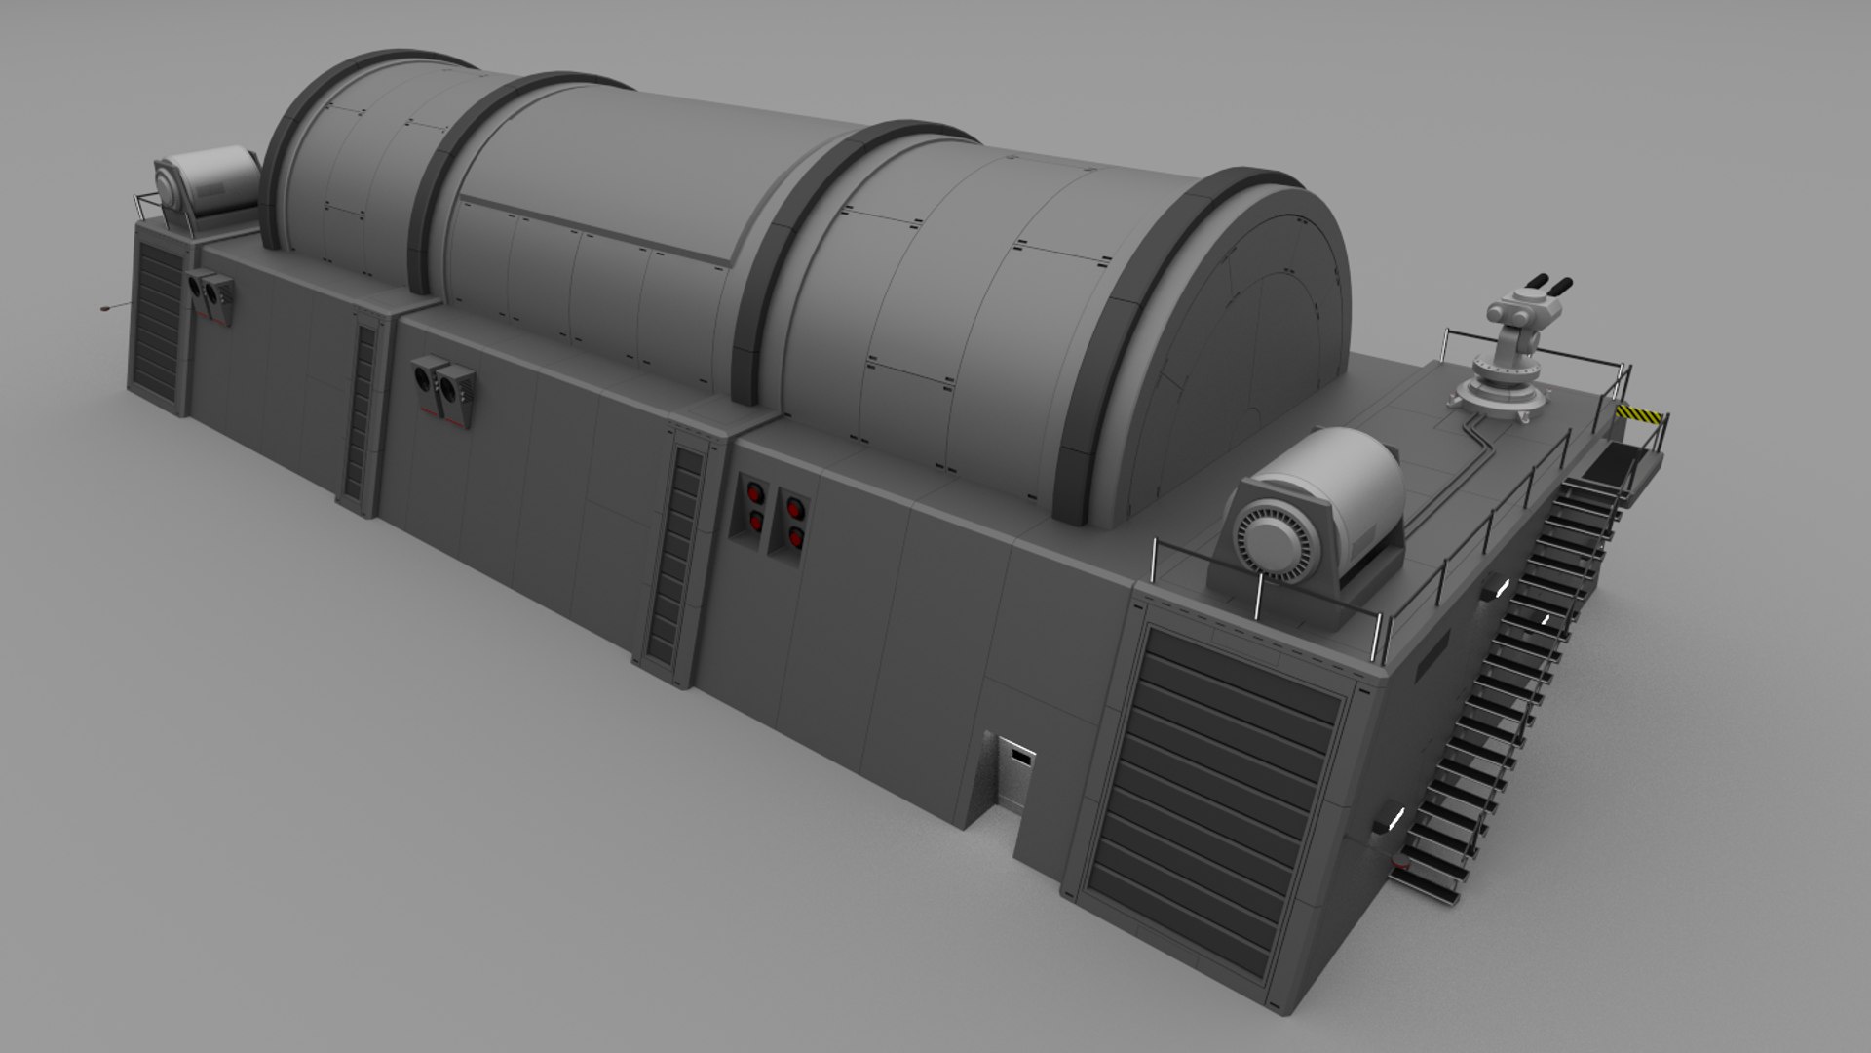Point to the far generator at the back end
click(206, 191)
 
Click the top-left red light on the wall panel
click(753, 492)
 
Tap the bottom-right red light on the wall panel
click(795, 536)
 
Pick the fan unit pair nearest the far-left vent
click(212, 292)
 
